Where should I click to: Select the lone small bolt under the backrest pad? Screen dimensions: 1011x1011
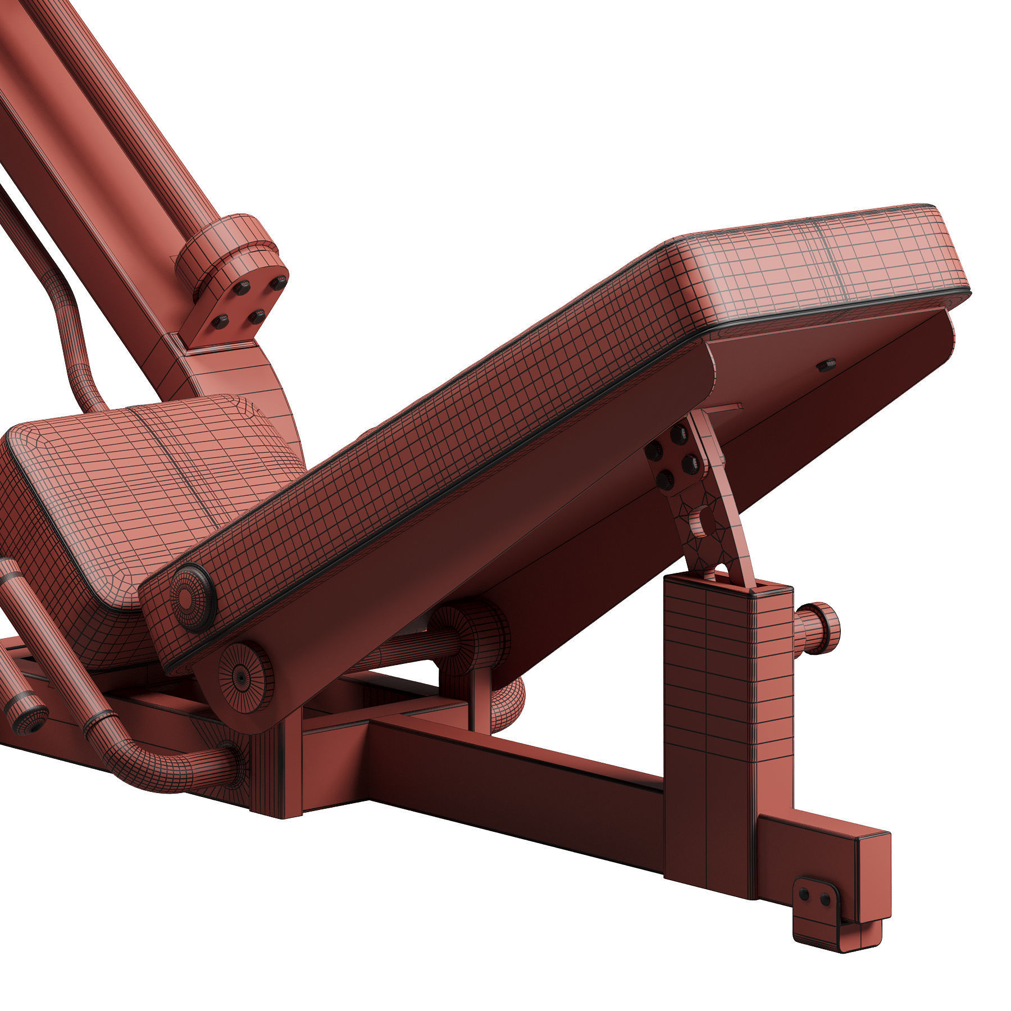click(826, 366)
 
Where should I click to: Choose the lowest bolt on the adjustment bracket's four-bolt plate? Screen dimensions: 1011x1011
click(664, 480)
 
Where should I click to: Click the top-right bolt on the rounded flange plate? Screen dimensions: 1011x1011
click(277, 283)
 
